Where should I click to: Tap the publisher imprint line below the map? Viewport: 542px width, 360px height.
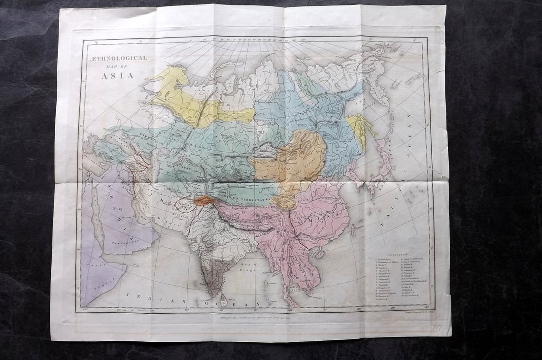pos(266,318)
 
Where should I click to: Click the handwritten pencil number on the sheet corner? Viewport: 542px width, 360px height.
pos(437,327)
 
